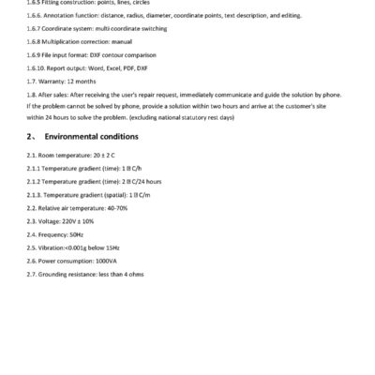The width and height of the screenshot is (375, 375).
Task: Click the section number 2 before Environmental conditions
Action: (x=31, y=137)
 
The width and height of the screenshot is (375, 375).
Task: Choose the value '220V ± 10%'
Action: (x=82, y=220)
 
